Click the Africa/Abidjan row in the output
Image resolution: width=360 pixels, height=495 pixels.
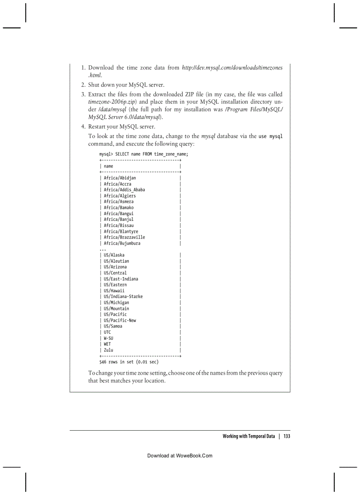tap(120, 178)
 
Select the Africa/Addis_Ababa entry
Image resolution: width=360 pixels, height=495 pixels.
tap(124, 190)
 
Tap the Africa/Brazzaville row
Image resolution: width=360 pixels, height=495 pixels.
tap(124, 237)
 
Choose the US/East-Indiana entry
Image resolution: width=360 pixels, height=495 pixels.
tap(120, 279)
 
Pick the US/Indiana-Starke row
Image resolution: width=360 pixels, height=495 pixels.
tap(123, 297)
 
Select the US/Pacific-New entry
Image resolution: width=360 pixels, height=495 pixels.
tap(120, 320)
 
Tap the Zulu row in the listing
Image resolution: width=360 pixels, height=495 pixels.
tap(109, 350)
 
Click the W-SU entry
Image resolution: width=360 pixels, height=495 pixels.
tap(109, 338)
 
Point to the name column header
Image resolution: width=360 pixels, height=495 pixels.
tap(109, 166)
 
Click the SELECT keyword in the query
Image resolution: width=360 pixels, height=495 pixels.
tap(122, 154)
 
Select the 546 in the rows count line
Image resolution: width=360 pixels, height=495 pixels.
tap(103, 362)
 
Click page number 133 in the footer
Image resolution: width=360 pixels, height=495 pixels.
tap(286, 436)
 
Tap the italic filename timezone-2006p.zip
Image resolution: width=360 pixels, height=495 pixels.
tap(113, 102)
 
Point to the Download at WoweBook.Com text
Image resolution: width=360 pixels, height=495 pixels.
tap(180, 456)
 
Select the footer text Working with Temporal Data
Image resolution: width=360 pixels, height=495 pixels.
tap(248, 436)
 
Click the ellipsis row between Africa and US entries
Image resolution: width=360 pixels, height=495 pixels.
tap(102, 249)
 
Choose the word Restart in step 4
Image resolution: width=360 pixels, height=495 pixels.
tap(98, 127)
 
